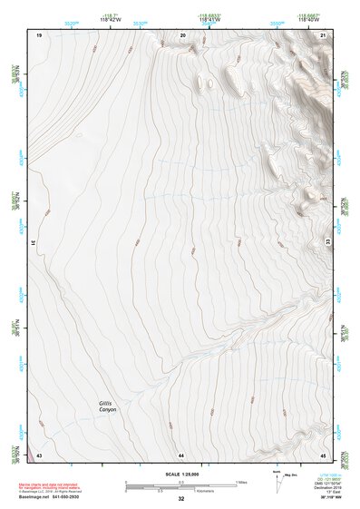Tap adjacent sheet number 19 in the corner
pyautogui.click(x=39, y=34)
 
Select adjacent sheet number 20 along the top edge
pyautogui.click(x=183, y=34)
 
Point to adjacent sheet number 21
pyautogui.click(x=324, y=34)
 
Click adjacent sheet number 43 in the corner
pyautogui.click(x=39, y=454)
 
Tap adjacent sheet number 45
pyautogui.click(x=323, y=454)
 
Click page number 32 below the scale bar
pyautogui.click(x=181, y=499)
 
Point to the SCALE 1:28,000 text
pyautogui.click(x=181, y=475)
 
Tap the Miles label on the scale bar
pyautogui.click(x=240, y=481)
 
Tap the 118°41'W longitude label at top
pyautogui.click(x=210, y=20)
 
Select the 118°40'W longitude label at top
pyautogui.click(x=311, y=20)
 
